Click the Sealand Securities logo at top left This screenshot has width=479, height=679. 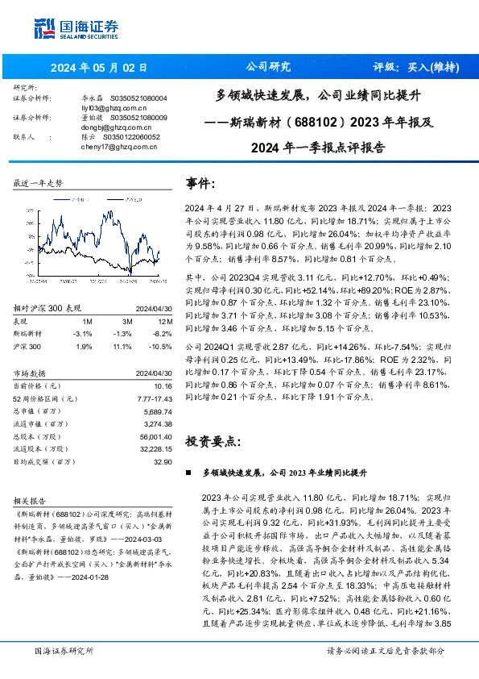[71, 28]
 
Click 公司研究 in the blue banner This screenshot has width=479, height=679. [267, 67]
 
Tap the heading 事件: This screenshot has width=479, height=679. [200, 183]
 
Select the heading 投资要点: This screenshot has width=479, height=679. [213, 442]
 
